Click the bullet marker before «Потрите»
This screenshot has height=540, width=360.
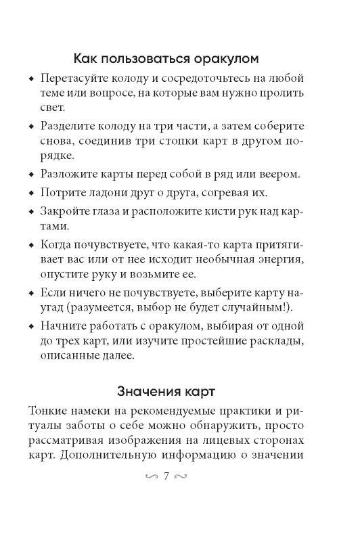[x=32, y=192]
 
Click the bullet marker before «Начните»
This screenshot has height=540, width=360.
[x=32, y=325]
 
